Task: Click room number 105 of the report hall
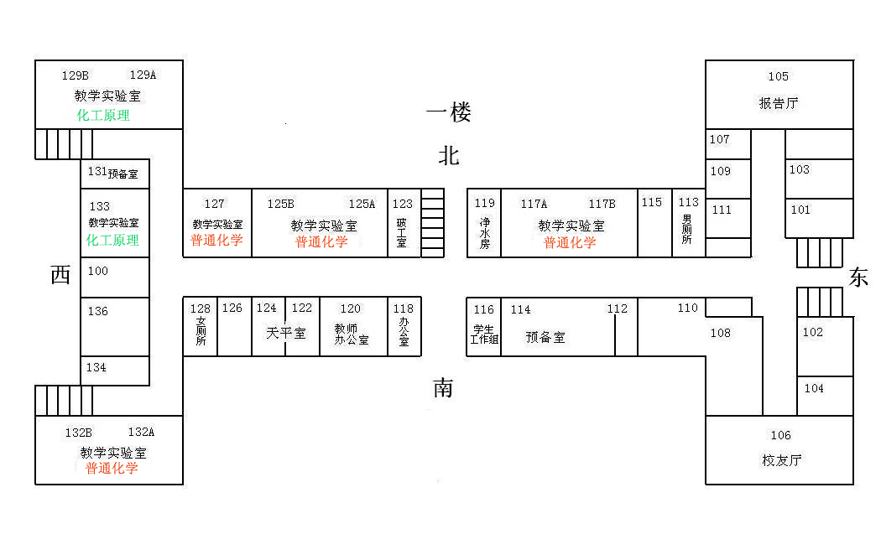778,77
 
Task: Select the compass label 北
449,156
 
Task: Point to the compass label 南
443,388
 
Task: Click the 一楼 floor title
448,111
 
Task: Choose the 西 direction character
60,275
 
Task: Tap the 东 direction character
858,278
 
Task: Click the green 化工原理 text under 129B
103,116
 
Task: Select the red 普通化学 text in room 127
216,241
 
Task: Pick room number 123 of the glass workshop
403,204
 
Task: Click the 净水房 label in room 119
484,234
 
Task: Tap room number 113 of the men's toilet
688,203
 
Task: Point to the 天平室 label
286,334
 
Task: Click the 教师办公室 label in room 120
351,334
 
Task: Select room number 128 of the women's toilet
200,309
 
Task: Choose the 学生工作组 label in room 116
484,334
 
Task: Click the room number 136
98,312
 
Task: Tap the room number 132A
141,433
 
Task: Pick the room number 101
800,210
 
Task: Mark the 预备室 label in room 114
545,338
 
